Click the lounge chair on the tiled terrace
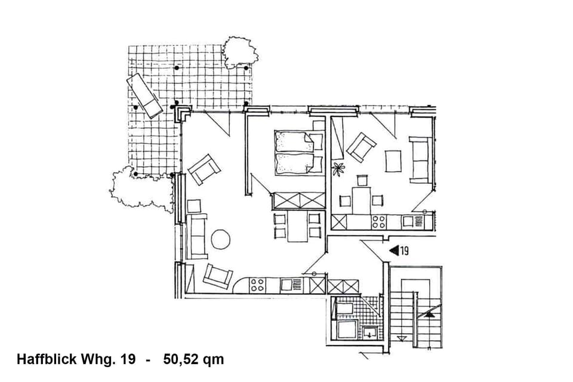[x=144, y=95]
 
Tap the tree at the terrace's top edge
[x=240, y=52]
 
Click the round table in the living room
[x=220, y=239]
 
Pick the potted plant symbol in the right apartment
[x=338, y=169]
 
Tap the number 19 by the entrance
[x=403, y=251]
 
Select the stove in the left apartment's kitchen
[x=257, y=285]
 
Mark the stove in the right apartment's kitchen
[x=378, y=222]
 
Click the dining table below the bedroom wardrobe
[x=297, y=227]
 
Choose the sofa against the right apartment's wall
[x=420, y=159]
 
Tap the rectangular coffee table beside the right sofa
[x=393, y=161]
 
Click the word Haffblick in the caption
[x=46, y=359]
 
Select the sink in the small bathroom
[x=369, y=332]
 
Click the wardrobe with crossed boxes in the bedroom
[x=298, y=200]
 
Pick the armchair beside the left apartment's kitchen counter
[x=217, y=276]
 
